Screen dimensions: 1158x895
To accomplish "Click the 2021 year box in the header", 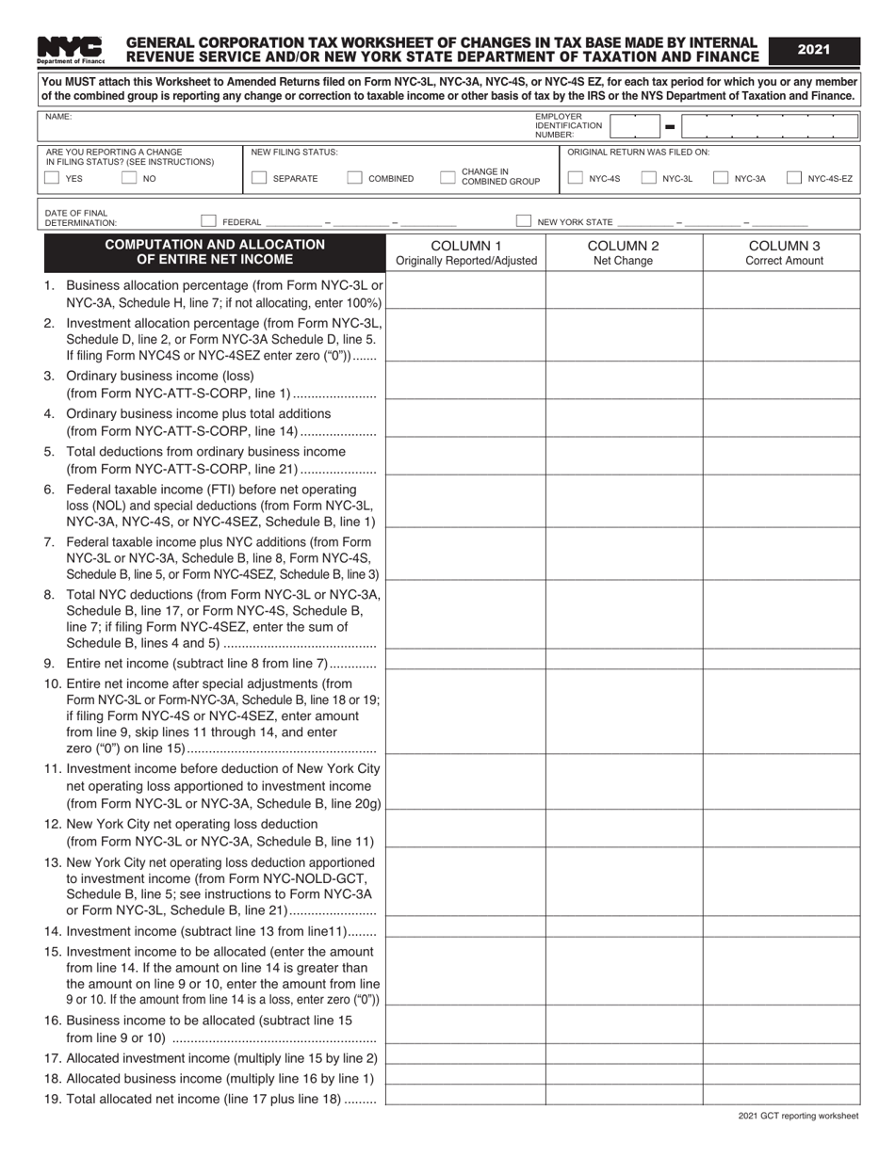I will [x=814, y=50].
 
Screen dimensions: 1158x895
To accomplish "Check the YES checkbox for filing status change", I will [x=53, y=178].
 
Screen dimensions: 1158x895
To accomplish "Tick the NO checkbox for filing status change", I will [x=129, y=178].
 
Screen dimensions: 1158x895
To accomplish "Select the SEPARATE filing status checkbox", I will [x=259, y=178].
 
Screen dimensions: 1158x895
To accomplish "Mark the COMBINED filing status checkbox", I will [x=355, y=178].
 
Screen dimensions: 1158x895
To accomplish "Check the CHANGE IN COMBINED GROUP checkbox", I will [x=447, y=178].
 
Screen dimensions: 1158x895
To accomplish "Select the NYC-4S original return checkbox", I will [x=575, y=178].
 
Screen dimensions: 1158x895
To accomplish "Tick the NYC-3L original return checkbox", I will [x=648, y=178].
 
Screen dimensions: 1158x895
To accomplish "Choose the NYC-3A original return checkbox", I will [x=721, y=178].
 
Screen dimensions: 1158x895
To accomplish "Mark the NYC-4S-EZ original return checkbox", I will [x=794, y=178].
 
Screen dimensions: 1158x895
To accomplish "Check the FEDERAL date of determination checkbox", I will [x=209, y=221].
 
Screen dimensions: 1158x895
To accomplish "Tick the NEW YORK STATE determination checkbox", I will [x=523, y=221].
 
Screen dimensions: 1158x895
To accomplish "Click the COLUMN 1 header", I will [x=466, y=252].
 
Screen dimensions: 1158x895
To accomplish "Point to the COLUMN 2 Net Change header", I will [x=623, y=252].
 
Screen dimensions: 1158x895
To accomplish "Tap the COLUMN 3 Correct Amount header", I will [x=783, y=252].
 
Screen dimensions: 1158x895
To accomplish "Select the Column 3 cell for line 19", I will [x=781, y=1095].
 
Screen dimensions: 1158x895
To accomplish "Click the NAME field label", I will [x=58, y=118].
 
